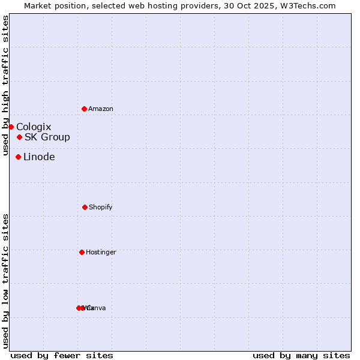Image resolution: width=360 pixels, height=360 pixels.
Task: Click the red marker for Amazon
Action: [x=84, y=109]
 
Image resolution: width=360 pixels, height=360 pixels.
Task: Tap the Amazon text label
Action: [x=101, y=109]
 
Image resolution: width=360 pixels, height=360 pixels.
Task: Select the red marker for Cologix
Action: [x=11, y=127]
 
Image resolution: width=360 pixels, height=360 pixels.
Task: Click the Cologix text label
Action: [x=34, y=127]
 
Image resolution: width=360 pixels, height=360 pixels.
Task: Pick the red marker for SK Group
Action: [x=19, y=137]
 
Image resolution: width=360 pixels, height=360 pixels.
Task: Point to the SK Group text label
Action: [x=47, y=137]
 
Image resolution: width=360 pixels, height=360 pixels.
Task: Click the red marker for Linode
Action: [x=18, y=157]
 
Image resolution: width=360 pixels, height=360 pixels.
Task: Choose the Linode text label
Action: [x=39, y=157]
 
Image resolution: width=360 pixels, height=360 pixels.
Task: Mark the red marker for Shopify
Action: [x=85, y=207]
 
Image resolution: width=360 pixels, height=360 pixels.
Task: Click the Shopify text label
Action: [x=101, y=208]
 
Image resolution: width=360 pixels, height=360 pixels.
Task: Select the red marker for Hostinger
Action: [x=82, y=252]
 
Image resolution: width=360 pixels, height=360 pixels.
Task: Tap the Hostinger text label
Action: [x=101, y=253]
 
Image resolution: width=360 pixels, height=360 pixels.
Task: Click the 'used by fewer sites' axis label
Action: [x=62, y=355]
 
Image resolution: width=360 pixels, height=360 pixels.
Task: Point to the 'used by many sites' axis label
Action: [x=301, y=355]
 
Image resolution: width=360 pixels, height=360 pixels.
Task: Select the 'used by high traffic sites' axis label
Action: [x=6, y=85]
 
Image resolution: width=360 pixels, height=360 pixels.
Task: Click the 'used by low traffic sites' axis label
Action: [x=6, y=281]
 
